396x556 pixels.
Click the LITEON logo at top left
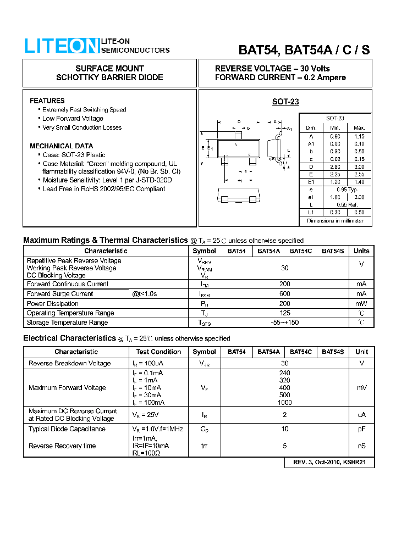[x=61, y=46]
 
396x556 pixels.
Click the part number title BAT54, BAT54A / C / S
[x=304, y=49]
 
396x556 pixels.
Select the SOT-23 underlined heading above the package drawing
[x=285, y=102]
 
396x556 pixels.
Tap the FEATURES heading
[x=47, y=101]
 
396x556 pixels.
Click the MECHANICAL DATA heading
[x=61, y=146]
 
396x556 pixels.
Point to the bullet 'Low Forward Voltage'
[x=73, y=119]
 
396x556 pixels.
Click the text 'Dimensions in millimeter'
[x=335, y=221]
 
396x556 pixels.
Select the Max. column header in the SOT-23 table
[x=359, y=127]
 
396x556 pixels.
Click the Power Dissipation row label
[x=53, y=304]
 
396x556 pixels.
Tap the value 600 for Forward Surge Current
[x=284, y=294]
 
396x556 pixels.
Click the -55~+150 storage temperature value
[x=284, y=323]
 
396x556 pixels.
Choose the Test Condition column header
[x=158, y=352]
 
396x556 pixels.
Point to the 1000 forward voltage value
[x=285, y=403]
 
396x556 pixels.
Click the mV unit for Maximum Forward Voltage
[x=361, y=388]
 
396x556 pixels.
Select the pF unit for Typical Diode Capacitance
[x=361, y=429]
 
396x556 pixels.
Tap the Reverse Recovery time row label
[x=62, y=446]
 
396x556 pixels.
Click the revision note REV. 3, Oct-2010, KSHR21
[x=329, y=463]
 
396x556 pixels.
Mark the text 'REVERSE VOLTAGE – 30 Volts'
[x=272, y=69]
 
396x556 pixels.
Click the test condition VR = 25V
[x=146, y=415]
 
